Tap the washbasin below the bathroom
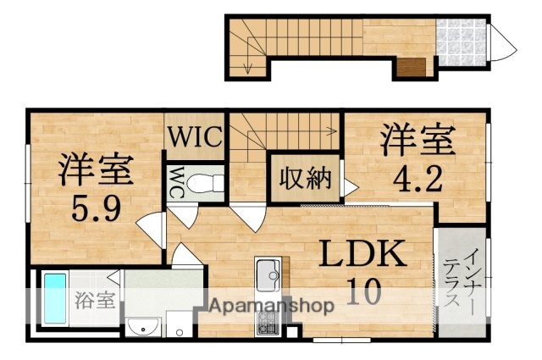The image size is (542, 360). (143, 325)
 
